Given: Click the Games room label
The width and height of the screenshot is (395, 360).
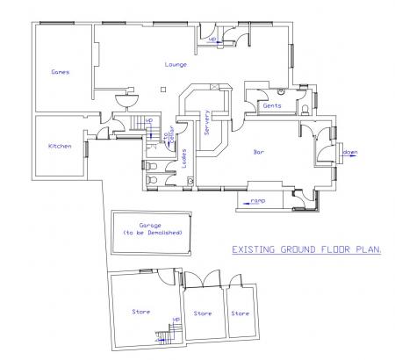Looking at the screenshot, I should [61, 72].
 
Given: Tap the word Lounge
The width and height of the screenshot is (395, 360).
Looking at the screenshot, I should [175, 65].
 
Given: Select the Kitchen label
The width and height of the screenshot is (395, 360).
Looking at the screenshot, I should [59, 146].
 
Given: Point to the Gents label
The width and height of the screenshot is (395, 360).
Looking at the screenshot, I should [271, 105].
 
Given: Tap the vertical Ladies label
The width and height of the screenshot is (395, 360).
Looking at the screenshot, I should [184, 157].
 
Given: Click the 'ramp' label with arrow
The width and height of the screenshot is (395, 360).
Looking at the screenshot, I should [258, 201].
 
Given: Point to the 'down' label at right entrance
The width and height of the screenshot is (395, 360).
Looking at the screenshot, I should [349, 152].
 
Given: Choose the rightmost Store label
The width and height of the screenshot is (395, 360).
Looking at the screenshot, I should [240, 313].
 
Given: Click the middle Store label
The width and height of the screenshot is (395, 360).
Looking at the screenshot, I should [203, 313].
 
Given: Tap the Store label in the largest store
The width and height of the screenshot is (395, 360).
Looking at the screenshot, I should [140, 312].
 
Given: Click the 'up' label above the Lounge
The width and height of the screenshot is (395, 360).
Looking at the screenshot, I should [212, 39].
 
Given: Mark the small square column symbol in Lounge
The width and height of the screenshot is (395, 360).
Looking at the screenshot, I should [164, 88].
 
